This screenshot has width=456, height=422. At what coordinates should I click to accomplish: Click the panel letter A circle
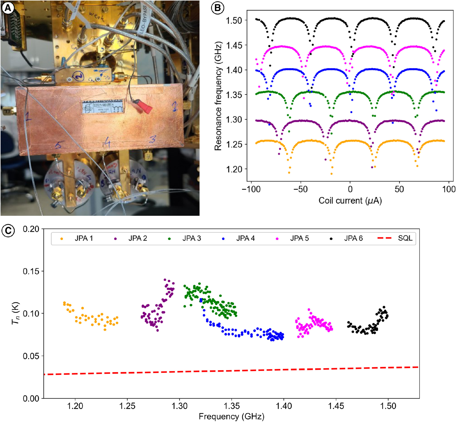(7, 8)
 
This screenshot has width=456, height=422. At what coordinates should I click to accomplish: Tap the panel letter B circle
(217, 8)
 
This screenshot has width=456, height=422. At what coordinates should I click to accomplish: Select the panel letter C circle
(8, 231)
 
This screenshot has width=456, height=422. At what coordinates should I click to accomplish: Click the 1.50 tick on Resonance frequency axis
(234, 20)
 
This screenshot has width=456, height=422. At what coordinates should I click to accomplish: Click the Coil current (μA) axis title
(350, 200)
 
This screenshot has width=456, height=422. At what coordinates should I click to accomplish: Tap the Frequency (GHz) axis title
(231, 416)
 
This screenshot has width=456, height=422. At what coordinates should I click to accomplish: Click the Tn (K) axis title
(16, 313)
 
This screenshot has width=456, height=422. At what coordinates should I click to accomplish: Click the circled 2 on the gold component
(77, 76)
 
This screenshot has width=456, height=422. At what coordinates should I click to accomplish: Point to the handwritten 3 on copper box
(153, 139)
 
